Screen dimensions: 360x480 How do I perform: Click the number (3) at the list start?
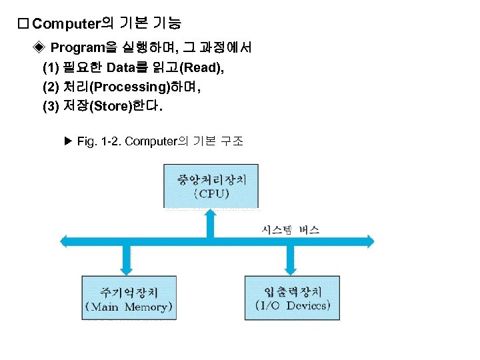tap(50, 106)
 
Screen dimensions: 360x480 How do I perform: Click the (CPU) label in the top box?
tap(211, 194)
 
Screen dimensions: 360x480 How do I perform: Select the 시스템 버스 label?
tap(289, 230)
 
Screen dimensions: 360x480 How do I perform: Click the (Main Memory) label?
tap(129, 307)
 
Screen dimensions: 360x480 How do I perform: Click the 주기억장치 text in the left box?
tap(129, 291)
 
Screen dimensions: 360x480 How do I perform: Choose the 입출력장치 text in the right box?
tap(293, 291)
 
